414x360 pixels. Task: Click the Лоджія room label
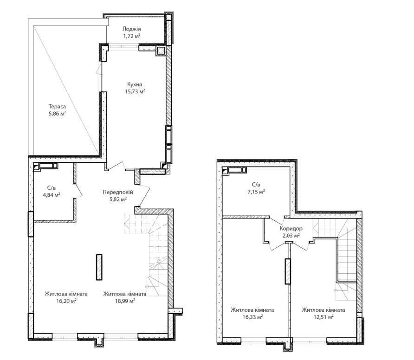tap(131, 29)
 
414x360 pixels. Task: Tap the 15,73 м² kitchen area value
tap(135, 91)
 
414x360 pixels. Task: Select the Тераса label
tap(57, 107)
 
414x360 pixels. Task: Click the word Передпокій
tap(118, 192)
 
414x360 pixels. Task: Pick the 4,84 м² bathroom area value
tap(52, 195)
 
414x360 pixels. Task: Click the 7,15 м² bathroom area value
tap(255, 192)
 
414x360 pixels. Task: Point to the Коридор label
tap(291, 229)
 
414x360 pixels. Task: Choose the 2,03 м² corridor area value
tap(291, 235)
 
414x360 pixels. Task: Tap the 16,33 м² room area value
tap(252, 317)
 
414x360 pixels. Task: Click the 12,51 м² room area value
tap(323, 317)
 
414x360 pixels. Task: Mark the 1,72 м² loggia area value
tap(131, 36)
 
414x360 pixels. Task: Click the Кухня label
tap(135, 84)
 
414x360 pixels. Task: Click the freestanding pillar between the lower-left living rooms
tap(99, 267)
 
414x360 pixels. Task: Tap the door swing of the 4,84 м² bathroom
tap(79, 191)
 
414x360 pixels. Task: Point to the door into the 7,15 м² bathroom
tap(277, 220)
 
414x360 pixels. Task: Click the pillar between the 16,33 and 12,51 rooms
tap(288, 271)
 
